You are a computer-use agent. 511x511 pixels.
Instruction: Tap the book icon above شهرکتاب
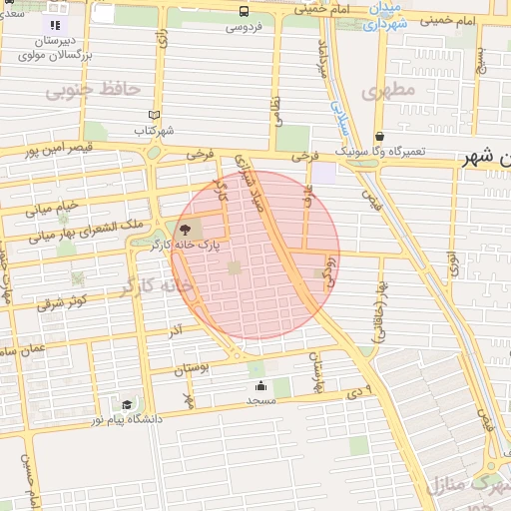coord(153,115)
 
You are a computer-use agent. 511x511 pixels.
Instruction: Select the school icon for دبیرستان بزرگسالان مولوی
coord(55,25)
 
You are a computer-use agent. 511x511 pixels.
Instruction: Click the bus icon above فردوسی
coord(245,11)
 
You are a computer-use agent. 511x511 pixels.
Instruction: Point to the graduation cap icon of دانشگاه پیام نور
coord(127,404)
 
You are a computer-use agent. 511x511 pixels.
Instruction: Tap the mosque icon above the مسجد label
coord(261,385)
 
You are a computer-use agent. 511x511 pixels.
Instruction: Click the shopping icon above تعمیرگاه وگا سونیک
coord(379,136)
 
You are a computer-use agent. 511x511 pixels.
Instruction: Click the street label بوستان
coord(194,368)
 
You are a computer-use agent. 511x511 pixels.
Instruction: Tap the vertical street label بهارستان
coord(318,373)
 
